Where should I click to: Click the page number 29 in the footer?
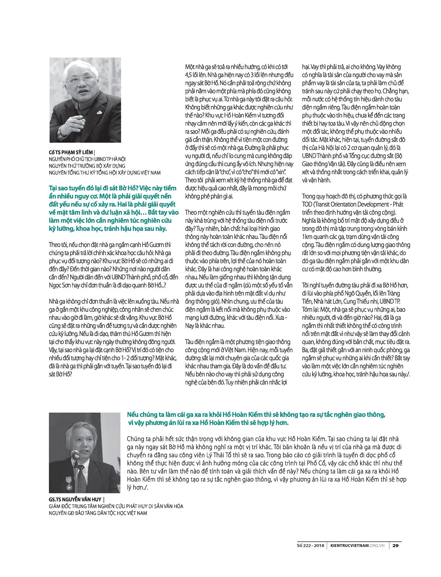[x=395, y=546]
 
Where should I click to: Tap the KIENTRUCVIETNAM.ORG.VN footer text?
[x=357, y=546]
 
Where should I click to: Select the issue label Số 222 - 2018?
[x=310, y=546]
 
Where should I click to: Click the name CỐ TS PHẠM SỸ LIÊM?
[x=71, y=152]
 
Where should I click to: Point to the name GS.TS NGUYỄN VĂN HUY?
[x=75, y=499]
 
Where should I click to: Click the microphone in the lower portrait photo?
[x=75, y=455]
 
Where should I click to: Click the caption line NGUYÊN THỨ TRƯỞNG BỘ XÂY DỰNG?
[x=87, y=166]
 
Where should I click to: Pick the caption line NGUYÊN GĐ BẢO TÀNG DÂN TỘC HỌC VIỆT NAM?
[x=98, y=513]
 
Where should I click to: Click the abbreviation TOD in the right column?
[x=307, y=204]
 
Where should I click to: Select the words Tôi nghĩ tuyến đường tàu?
[x=332, y=285]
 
